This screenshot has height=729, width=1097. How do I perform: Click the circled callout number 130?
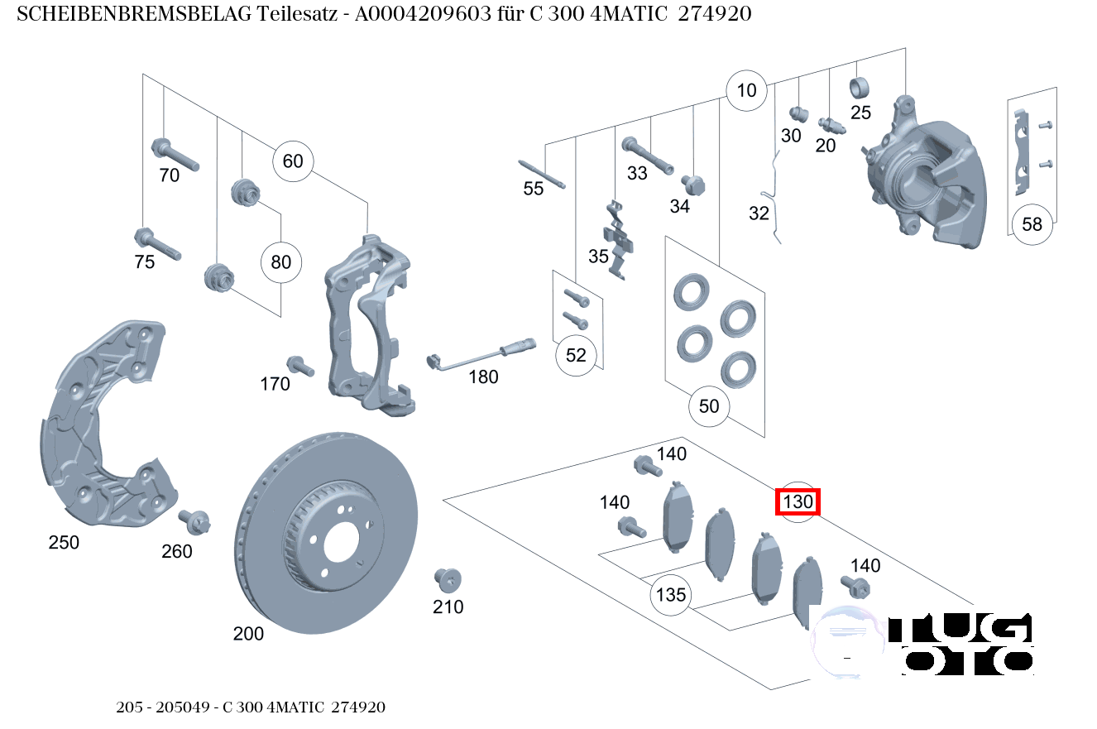(x=798, y=501)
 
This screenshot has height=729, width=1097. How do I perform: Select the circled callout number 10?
(x=746, y=90)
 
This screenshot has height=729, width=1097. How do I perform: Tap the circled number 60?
(x=293, y=161)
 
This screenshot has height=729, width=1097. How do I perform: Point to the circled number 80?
(x=281, y=263)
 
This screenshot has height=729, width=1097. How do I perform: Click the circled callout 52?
(x=576, y=355)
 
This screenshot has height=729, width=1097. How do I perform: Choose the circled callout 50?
(x=709, y=406)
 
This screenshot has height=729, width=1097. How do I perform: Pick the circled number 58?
(x=1032, y=224)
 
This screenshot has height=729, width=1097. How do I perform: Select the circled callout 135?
(x=671, y=595)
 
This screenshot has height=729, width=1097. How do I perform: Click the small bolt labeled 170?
(x=298, y=366)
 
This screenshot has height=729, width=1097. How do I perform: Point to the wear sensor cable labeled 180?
(x=480, y=355)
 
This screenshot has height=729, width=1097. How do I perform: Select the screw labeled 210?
(x=448, y=580)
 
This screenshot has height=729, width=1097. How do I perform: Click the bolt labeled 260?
(x=195, y=521)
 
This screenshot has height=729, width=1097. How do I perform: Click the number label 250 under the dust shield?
(x=64, y=543)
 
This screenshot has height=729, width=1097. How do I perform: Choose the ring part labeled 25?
(x=860, y=87)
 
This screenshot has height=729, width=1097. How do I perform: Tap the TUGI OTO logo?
(x=925, y=642)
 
